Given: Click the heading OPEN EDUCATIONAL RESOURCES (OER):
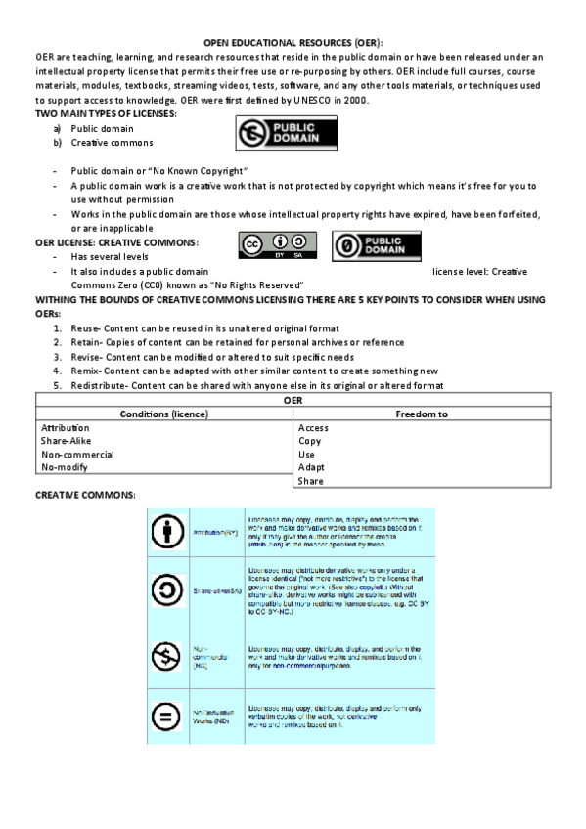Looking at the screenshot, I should pyautogui.click(x=293, y=44).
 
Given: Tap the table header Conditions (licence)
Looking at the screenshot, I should pyautogui.click(x=164, y=414).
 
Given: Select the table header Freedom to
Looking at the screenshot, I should pyautogui.click(x=422, y=414).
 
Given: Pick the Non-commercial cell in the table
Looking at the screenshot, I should pyautogui.click(x=77, y=455).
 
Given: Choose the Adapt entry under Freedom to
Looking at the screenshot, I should pyautogui.click(x=311, y=467).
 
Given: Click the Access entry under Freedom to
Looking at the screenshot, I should pyautogui.click(x=313, y=428).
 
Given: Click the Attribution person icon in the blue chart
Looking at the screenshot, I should pyautogui.click(x=167, y=532).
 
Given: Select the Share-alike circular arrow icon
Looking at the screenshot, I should pyautogui.click(x=167, y=589).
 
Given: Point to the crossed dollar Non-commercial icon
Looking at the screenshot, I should pyautogui.click(x=167, y=652).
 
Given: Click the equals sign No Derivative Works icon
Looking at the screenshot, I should pyautogui.click(x=167, y=717).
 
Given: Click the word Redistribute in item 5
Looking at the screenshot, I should pyautogui.click(x=99, y=385).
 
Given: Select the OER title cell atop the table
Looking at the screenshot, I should pyautogui.click(x=293, y=401).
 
